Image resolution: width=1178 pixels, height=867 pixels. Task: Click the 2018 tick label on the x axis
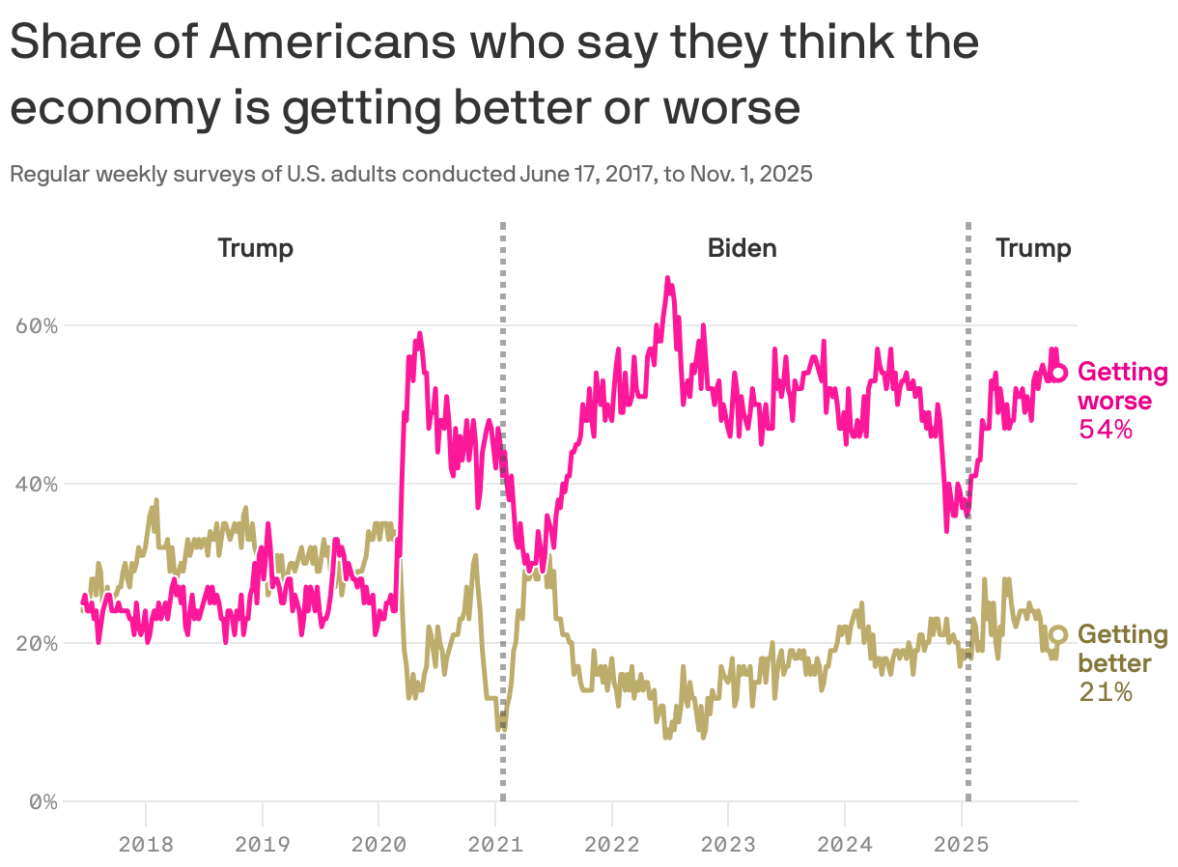[146, 845]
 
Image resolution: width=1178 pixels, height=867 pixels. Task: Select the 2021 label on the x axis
[495, 845]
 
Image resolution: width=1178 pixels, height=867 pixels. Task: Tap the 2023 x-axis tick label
[728, 845]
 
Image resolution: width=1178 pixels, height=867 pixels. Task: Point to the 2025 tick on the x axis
[962, 845]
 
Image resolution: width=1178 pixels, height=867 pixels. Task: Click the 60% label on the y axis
[38, 325]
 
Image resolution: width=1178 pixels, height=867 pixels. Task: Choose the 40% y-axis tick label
[38, 484]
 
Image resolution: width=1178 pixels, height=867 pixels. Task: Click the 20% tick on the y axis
[38, 643]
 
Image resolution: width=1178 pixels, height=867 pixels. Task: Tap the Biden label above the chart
[742, 248]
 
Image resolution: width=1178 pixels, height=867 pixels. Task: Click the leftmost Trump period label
[255, 248]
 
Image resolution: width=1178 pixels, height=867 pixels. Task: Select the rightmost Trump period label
[1033, 248]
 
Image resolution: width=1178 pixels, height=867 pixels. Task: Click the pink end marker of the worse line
[1058, 373]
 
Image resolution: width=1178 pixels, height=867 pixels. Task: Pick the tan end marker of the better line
[1058, 634]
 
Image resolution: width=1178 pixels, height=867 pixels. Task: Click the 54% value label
[1106, 430]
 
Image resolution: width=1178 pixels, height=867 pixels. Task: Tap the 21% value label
[1106, 692]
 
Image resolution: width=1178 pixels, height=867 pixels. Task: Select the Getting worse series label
[1121, 386]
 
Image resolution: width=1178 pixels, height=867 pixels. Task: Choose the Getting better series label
[1121, 649]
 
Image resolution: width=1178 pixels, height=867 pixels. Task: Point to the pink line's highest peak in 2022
[667, 279]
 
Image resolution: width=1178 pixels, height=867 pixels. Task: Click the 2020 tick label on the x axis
[379, 845]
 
